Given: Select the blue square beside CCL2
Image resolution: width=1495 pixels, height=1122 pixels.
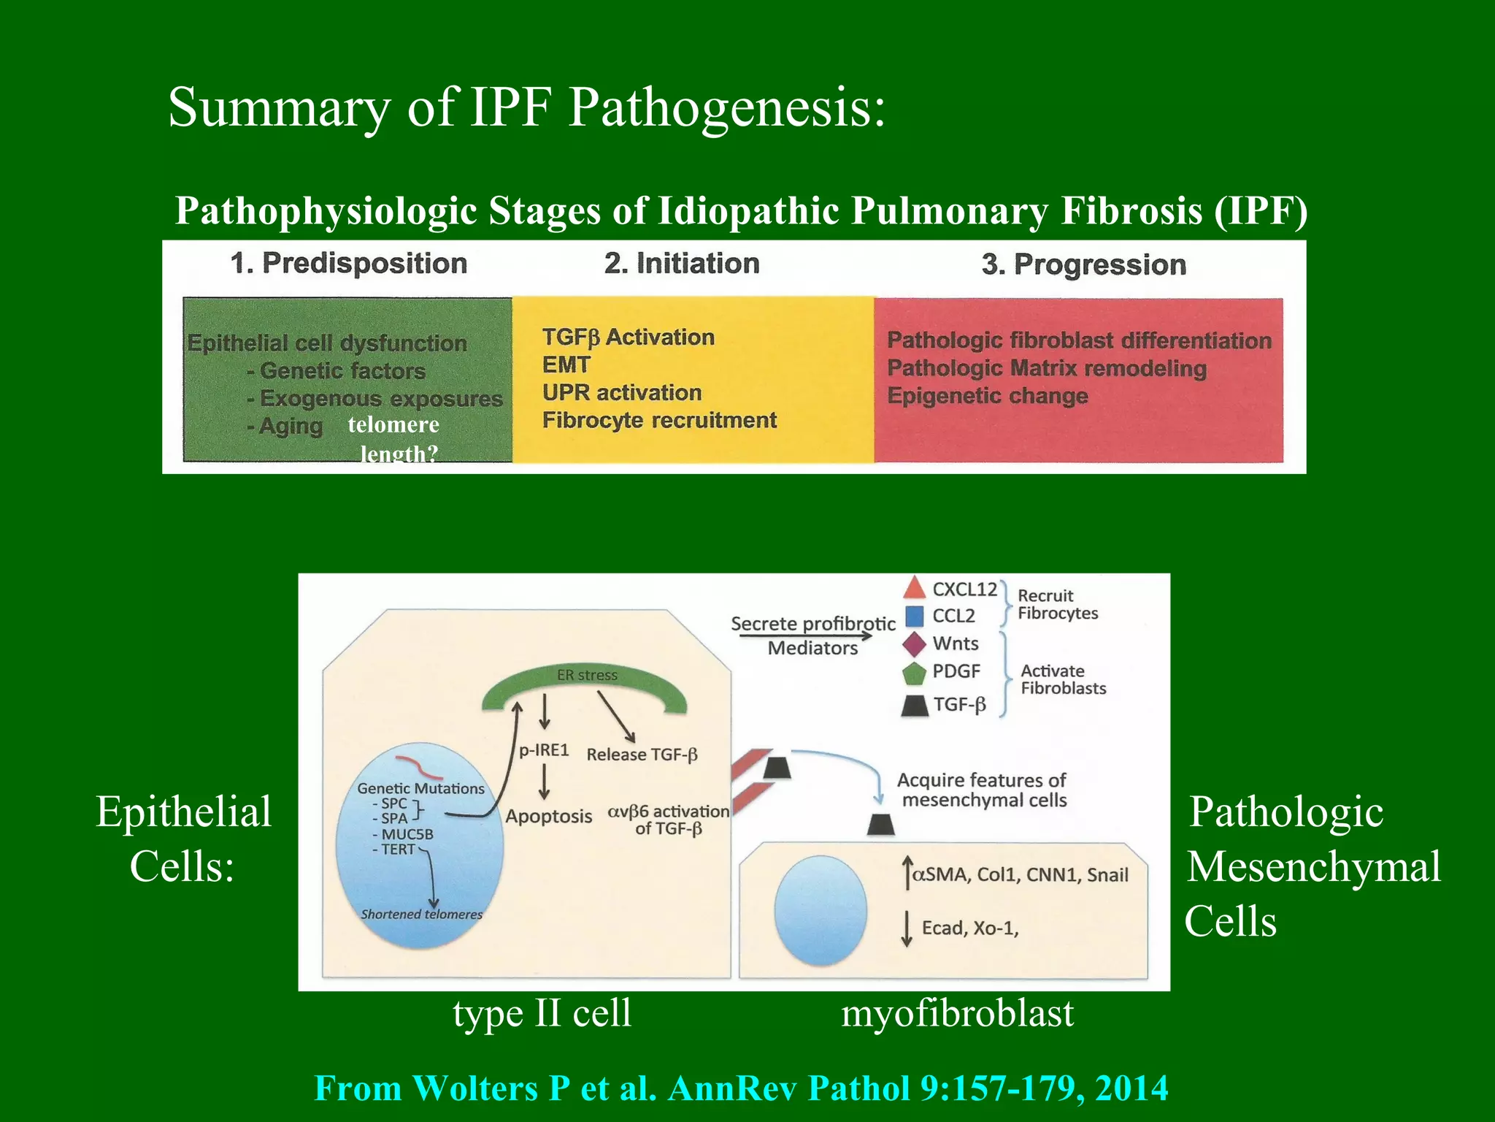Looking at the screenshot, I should tap(914, 616).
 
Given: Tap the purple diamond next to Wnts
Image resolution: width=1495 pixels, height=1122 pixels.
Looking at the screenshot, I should tap(914, 644).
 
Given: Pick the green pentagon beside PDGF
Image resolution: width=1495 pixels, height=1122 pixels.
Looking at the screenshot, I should tap(914, 672).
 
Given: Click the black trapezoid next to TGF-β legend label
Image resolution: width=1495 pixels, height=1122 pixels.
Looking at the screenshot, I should tap(914, 706).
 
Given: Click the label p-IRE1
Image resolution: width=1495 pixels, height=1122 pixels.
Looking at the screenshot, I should tap(543, 750).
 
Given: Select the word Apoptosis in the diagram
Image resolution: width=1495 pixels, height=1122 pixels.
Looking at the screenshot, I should tap(548, 816).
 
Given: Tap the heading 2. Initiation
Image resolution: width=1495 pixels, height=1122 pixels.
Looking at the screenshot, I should tap(682, 263).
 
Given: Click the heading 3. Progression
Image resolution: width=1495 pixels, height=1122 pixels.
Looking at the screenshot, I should tap(1083, 264).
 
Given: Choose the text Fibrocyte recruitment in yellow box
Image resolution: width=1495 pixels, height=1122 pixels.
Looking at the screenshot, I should tap(658, 420).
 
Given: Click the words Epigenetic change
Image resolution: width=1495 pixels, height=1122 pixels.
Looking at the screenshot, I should tap(987, 396).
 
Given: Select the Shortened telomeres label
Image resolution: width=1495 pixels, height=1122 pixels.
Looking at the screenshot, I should tap(421, 914).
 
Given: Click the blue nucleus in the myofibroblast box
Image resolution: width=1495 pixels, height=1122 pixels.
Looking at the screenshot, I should tap(820, 910).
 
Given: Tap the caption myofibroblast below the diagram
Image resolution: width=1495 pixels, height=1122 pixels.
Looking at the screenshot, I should tap(957, 1014).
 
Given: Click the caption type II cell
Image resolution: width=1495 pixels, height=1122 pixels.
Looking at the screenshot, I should tap(542, 1014).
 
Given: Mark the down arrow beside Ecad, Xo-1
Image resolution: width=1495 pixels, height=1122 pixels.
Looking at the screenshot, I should tap(906, 928).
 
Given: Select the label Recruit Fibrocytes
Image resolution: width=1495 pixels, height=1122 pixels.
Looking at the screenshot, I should tap(1057, 604).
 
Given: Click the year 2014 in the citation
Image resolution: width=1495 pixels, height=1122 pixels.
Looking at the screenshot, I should tap(1131, 1088).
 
